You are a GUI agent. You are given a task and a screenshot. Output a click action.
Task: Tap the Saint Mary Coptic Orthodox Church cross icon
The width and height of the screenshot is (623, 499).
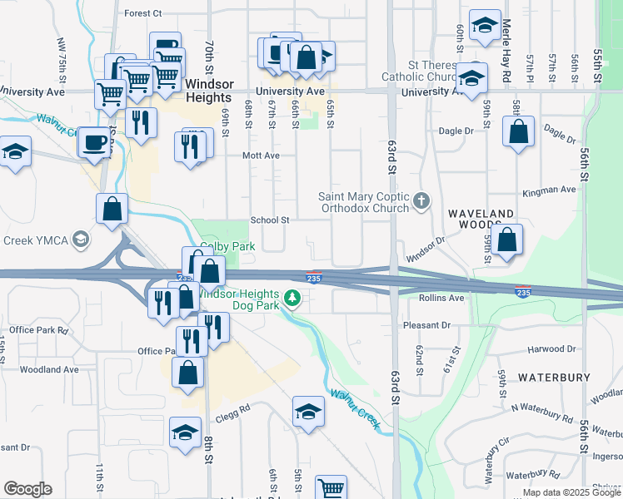click(x=422, y=200)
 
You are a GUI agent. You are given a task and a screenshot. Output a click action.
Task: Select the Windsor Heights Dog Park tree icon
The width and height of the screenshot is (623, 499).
click(x=292, y=297)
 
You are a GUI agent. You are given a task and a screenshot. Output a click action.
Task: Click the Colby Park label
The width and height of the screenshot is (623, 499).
click(x=227, y=247)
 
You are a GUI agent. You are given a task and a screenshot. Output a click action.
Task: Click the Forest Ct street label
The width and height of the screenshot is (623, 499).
click(x=142, y=13)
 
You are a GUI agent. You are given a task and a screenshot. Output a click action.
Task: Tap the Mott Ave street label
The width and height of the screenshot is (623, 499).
click(x=261, y=156)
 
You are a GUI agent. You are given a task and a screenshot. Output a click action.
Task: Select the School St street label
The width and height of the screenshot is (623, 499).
click(x=270, y=220)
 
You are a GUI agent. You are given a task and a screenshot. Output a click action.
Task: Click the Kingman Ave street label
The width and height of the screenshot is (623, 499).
click(x=549, y=190)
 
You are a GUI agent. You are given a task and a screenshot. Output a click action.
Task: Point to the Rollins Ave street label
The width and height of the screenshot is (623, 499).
click(x=441, y=298)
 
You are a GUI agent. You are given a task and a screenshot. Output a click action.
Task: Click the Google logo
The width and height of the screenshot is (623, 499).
click(x=27, y=489)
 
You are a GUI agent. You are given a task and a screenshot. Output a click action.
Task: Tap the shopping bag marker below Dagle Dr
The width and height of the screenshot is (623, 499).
click(x=519, y=132)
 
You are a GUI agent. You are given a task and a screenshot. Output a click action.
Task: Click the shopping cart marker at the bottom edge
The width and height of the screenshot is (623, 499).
click(x=331, y=488)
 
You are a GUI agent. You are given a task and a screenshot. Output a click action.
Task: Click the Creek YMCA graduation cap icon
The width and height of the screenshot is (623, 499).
click(x=80, y=240)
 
